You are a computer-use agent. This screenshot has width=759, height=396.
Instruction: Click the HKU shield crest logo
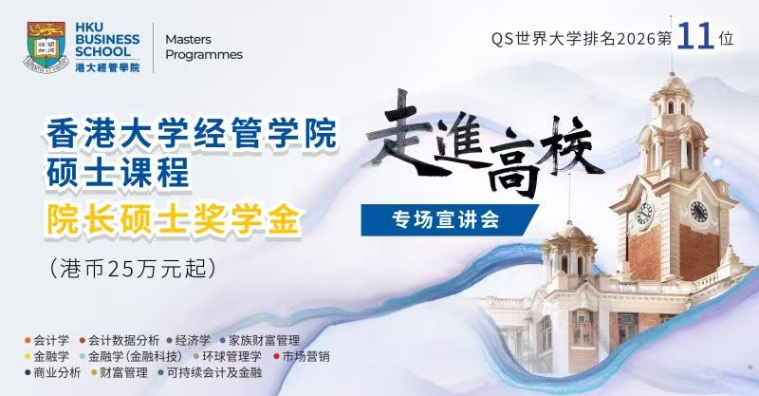click(46, 47)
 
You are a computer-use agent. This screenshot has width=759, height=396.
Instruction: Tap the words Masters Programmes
click(204, 47)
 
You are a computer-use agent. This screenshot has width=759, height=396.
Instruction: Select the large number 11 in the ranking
click(695, 36)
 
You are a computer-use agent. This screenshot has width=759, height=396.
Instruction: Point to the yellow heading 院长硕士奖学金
click(173, 220)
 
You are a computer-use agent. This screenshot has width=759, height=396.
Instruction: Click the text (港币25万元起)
click(133, 269)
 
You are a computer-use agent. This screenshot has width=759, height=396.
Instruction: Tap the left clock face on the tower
click(644, 214)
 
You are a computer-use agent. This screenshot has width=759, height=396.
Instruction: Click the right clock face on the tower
click(698, 212)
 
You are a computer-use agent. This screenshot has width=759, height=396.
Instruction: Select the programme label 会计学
click(51, 340)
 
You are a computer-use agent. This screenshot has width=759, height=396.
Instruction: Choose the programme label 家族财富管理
click(264, 340)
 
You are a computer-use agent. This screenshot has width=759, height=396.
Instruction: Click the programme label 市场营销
click(305, 357)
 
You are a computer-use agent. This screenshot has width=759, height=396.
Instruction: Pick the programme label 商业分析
click(57, 373)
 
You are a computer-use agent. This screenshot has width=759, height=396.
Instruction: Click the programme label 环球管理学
click(231, 357)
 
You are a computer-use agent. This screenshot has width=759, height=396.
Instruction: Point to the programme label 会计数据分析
click(123, 340)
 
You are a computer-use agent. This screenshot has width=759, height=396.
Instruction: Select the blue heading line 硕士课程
click(118, 173)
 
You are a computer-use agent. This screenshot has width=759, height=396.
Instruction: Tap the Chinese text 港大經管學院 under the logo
click(107, 67)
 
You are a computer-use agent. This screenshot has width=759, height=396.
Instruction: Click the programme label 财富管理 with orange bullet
click(123, 373)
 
